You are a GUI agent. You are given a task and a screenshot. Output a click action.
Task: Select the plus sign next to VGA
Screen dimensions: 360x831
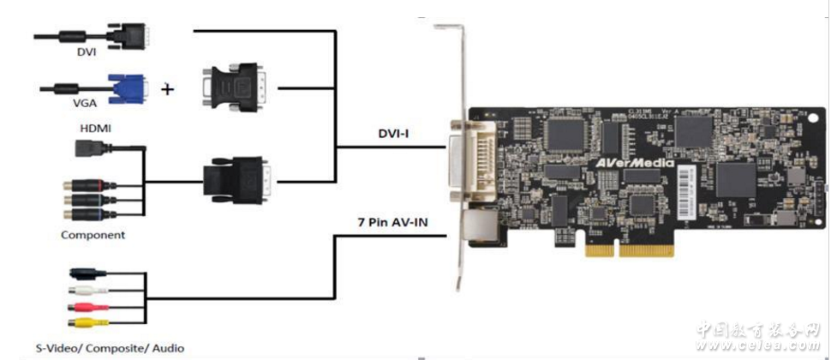(167, 87)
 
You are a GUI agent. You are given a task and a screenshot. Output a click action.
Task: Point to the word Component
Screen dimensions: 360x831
(93, 234)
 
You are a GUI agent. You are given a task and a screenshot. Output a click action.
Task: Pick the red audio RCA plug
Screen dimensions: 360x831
(88, 306)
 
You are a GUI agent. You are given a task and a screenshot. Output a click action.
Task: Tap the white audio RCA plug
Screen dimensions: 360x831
(88, 291)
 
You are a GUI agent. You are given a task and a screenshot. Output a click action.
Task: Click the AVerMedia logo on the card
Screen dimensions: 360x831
(633, 162)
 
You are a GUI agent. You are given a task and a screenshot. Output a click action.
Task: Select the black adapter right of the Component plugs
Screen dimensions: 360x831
(237, 181)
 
